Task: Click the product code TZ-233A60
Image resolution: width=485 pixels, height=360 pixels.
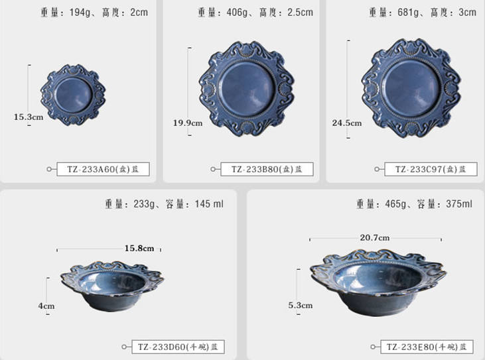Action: pos(103,169)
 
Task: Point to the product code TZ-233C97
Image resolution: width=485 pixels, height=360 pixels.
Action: pos(431,169)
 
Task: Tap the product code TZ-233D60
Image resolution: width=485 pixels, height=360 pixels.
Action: pos(178,347)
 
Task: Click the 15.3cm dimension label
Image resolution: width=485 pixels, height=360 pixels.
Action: pos(29,117)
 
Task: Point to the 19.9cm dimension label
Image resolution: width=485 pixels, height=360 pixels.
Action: pos(188,123)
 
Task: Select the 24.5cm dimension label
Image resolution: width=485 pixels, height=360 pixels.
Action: pos(347,123)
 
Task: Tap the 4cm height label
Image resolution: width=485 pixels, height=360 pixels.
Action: pos(46,306)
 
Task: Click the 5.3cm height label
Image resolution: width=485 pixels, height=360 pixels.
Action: pos(300,306)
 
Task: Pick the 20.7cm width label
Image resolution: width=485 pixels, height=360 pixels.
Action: pos(375,237)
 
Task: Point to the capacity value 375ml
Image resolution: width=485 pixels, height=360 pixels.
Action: pos(458,204)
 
